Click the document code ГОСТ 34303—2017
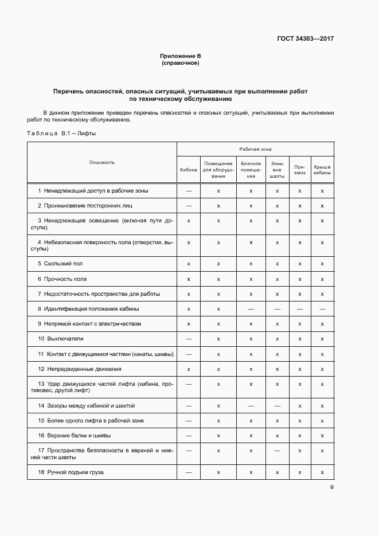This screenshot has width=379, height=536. pos(306,39)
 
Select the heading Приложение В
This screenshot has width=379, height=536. pos(181,56)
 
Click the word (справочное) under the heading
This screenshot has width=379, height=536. pos(181,63)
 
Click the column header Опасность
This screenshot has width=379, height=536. pos(102,162)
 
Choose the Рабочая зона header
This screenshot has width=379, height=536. pos(255,148)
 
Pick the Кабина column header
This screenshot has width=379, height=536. pos(189,170)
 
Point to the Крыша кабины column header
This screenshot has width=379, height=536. pos(322,170)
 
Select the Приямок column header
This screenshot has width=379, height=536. pos(300,170)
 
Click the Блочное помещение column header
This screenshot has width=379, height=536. pos(251,170)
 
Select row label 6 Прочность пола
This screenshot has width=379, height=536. pos(62,279)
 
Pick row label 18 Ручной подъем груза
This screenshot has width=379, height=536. pos(71,472)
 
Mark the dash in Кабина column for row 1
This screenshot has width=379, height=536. pos(189,190)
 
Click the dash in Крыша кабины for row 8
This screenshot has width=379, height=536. pos(322,309)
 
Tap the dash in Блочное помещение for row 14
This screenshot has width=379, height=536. pos(251,406)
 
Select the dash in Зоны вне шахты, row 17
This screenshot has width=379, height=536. pos(277,451)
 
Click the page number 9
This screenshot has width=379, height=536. pos(331,488)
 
